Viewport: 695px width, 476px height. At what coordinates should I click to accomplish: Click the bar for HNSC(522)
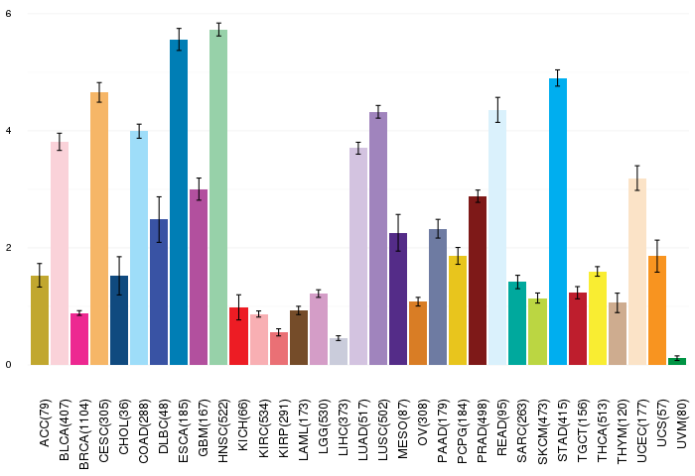click(x=218, y=198)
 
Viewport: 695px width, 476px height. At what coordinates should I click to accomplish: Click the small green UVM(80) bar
click(x=677, y=361)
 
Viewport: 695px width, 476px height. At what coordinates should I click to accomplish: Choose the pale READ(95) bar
click(x=497, y=238)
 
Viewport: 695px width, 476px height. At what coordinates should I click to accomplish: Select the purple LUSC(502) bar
click(x=378, y=238)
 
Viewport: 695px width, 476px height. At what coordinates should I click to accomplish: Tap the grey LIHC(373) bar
click(x=339, y=351)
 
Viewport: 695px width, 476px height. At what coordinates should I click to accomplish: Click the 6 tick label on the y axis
click(x=8, y=14)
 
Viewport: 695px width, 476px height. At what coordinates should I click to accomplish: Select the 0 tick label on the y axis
click(x=8, y=364)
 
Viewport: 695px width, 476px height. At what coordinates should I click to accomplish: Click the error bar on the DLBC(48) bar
click(x=159, y=219)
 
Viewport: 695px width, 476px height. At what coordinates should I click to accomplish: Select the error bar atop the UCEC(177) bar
click(x=637, y=178)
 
